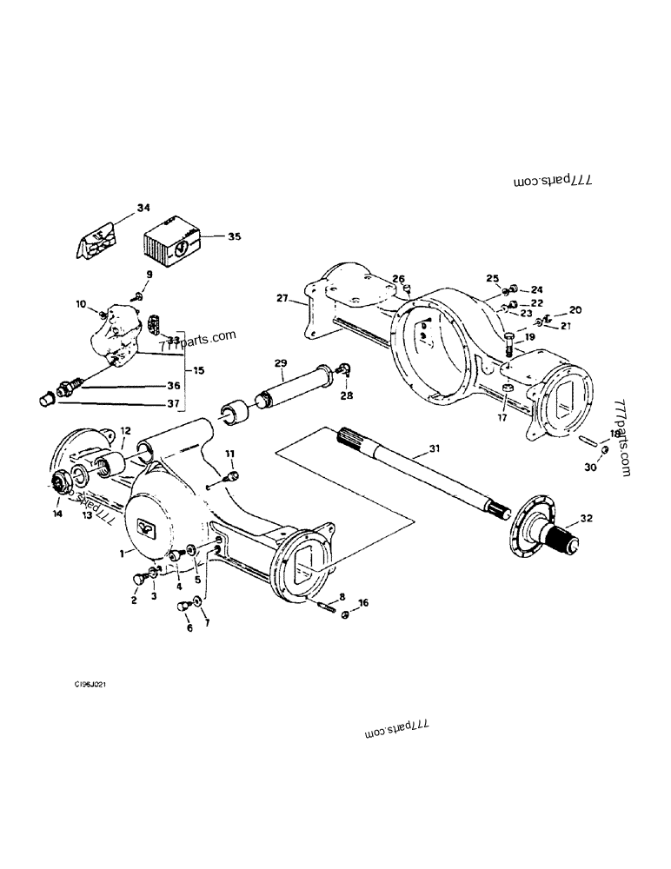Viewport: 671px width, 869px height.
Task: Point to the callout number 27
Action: [282, 298]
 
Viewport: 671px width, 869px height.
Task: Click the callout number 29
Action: [280, 362]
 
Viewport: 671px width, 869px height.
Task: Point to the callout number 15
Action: [200, 370]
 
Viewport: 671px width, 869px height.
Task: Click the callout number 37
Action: [198, 402]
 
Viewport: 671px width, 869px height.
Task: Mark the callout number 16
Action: [363, 601]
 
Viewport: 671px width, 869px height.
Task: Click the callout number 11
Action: [230, 454]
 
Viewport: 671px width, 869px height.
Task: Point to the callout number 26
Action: [398, 279]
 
